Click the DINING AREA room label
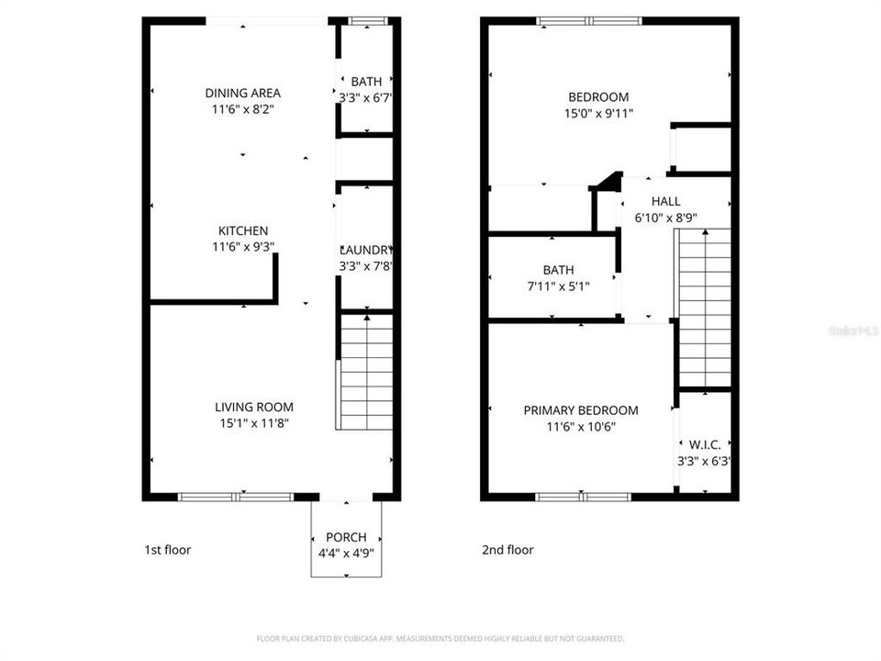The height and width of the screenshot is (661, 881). [242, 93]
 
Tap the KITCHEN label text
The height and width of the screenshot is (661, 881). [242, 230]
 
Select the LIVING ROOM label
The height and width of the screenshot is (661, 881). [254, 407]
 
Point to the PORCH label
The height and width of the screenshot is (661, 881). [346, 537]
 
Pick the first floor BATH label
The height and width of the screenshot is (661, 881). [365, 82]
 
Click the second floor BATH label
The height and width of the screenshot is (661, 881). [558, 270]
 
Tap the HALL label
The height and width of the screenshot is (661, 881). [665, 201]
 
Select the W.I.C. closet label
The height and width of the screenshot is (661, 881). [704, 445]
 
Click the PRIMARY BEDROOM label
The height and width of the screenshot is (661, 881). [581, 410]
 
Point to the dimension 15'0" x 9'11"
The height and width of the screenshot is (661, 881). [598, 114]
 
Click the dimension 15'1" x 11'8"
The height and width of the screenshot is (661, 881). [254, 423]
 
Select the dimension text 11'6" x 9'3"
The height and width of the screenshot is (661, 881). [242, 246]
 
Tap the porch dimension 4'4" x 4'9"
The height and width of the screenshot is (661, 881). [346, 553]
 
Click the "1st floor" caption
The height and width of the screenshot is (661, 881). [168, 550]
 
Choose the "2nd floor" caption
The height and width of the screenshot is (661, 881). [507, 550]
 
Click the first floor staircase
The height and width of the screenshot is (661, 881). [366, 372]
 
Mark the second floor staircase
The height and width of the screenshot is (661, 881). [704, 308]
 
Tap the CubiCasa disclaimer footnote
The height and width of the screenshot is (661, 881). [440, 638]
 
